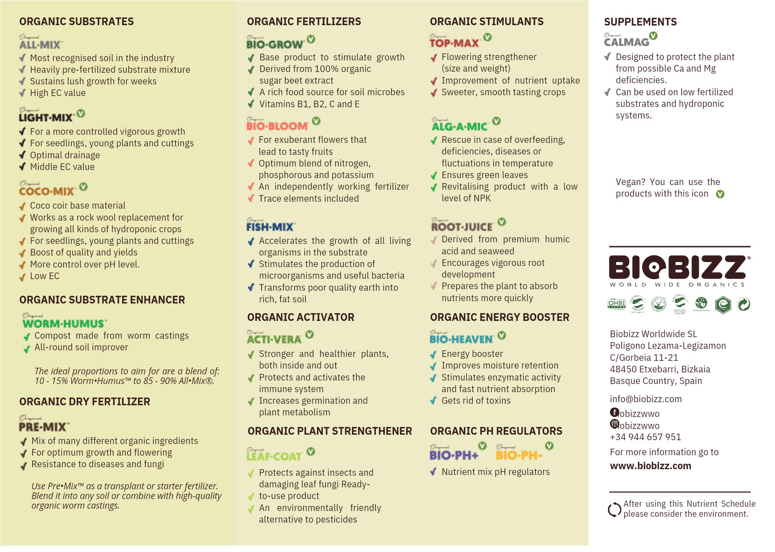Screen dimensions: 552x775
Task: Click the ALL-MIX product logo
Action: point(41,43)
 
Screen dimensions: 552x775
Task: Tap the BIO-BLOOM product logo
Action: point(277,124)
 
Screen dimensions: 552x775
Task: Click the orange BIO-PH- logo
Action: point(519,454)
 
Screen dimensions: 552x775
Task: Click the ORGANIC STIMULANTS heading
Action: point(487,22)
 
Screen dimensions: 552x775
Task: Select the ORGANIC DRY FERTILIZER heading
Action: point(84,402)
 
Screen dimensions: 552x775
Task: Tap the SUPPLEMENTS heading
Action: point(640,22)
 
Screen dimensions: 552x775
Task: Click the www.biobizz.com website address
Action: point(650,466)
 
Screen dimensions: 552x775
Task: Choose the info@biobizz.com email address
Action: point(646,399)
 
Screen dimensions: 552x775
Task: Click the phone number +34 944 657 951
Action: point(645,437)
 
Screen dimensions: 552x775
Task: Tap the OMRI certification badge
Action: point(617,304)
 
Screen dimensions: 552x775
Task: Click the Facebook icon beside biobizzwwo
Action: point(614,412)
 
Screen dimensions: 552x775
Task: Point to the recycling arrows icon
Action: point(615,509)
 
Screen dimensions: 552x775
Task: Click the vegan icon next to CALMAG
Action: point(653,36)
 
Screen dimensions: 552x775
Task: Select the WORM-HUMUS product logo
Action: point(64,322)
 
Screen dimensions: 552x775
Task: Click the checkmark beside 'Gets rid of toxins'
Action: point(434,401)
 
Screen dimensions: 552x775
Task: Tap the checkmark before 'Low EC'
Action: point(22,277)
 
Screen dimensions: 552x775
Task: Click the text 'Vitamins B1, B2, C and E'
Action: point(309,104)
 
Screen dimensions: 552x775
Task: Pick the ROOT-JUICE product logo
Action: point(462,225)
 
